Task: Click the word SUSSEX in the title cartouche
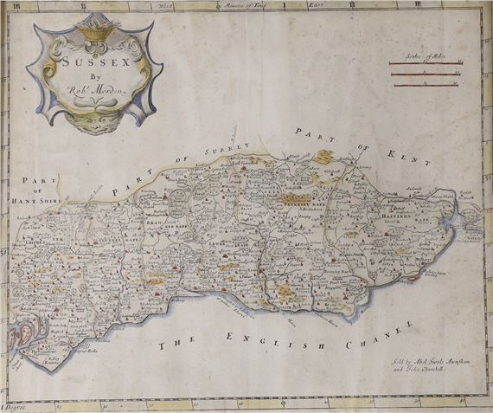point(79,61)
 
